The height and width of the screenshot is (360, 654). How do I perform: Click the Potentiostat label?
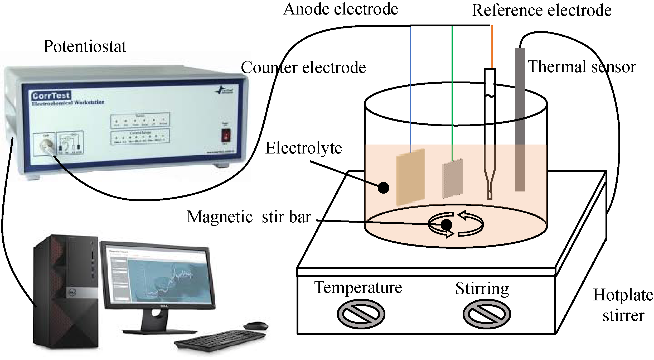[85, 47]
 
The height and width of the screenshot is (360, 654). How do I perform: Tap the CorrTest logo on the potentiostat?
[51, 95]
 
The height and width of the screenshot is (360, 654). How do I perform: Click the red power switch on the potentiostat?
[226, 135]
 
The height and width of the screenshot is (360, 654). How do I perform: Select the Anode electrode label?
[340, 9]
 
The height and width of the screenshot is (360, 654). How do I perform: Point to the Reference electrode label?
[541, 11]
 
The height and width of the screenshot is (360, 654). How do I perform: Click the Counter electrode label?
[303, 68]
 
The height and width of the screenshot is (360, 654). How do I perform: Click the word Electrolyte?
[303, 148]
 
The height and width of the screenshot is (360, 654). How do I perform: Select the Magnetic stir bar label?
[249, 217]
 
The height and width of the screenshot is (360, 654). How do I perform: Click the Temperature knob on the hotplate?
[361, 314]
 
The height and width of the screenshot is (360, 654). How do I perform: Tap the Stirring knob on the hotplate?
[487, 314]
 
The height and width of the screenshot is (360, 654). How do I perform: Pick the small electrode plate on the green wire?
[452, 179]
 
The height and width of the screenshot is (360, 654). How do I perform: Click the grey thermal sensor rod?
[520, 119]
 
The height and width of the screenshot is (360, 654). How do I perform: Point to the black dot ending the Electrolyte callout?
[383, 188]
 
